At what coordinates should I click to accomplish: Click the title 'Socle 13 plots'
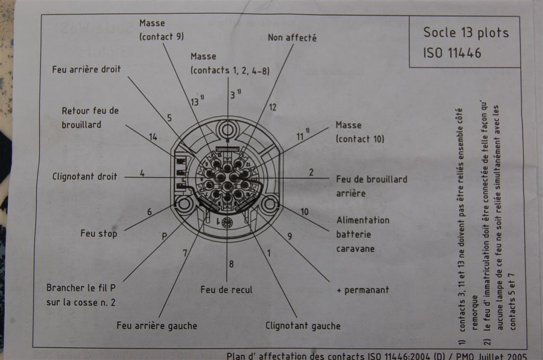click(465, 33)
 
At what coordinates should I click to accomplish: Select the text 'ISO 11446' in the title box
click(452, 53)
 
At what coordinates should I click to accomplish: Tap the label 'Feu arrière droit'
click(86, 69)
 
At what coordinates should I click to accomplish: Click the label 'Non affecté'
click(292, 38)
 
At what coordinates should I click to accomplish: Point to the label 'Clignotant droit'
click(84, 177)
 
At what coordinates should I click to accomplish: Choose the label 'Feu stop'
click(99, 233)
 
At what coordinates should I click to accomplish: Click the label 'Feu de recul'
click(226, 289)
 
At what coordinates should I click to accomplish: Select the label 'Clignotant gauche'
click(303, 326)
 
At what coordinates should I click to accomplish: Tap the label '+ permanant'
click(363, 290)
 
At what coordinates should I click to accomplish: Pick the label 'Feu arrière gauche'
click(157, 326)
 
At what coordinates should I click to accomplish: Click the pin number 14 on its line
click(153, 137)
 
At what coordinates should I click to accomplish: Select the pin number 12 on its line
click(273, 107)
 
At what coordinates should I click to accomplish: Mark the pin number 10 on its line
click(304, 212)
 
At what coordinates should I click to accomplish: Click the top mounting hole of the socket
click(228, 129)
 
